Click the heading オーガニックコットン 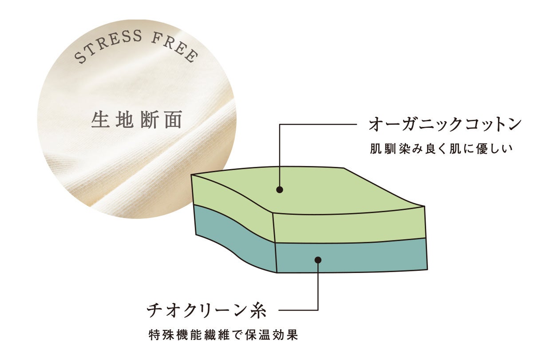444,125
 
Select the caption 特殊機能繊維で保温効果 223,334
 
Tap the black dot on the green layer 279,190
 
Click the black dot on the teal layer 318,260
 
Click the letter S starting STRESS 79,58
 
